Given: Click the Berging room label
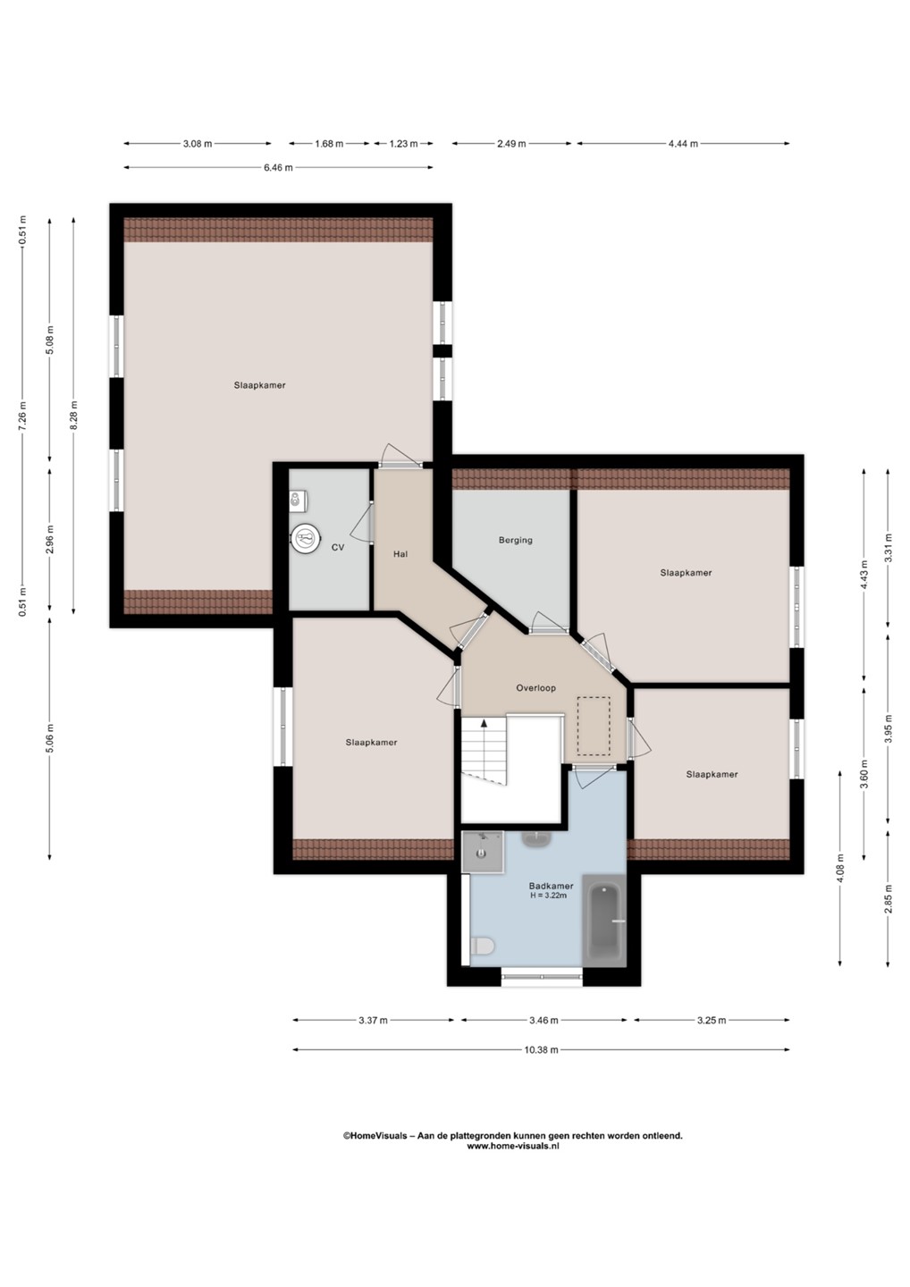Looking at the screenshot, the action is (x=515, y=540).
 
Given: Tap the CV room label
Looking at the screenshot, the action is (x=338, y=548).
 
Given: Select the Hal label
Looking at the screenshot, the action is (x=400, y=554).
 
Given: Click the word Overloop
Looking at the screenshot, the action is (x=535, y=688).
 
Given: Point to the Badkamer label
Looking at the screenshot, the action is (x=551, y=886).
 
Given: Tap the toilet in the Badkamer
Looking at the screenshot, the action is (x=483, y=946).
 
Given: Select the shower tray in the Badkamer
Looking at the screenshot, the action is (x=483, y=852).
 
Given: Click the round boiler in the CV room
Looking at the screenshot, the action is (x=306, y=539).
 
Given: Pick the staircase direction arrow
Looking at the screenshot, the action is (x=484, y=747).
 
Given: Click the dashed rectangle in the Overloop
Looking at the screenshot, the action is (x=594, y=726).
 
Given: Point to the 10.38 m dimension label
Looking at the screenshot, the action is (x=541, y=1049).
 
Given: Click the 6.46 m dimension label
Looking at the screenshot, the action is (x=278, y=168).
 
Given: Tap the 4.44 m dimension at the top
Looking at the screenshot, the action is (x=683, y=144).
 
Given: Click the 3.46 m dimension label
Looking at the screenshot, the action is (x=543, y=1021).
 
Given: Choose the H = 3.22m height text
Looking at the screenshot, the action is (x=549, y=896).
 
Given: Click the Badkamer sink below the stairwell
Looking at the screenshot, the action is (x=536, y=839).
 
